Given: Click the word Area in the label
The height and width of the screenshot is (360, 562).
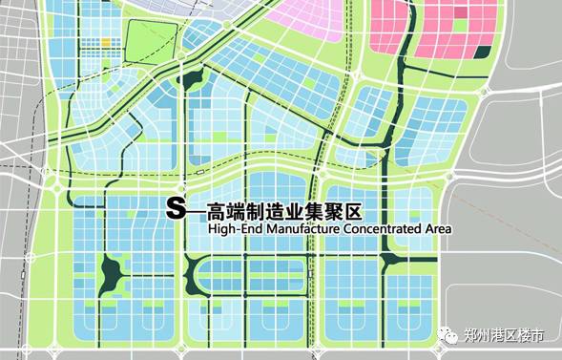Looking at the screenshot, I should [437, 229].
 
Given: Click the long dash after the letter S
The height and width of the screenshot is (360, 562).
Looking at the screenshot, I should [194, 210].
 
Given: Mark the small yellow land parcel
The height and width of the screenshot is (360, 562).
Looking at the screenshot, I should [106, 42].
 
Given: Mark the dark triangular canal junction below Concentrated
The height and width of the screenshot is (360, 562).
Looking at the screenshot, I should [390, 259].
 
